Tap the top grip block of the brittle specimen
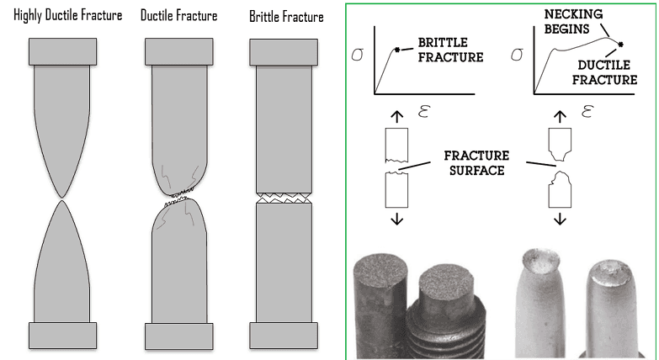(x=282, y=51)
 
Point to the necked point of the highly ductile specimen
(x=60, y=199)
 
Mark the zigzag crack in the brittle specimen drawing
(x=282, y=199)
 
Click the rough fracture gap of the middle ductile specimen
(x=178, y=199)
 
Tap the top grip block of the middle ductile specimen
(x=178, y=51)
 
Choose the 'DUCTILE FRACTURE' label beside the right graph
(x=613, y=71)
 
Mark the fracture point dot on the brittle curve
(x=396, y=50)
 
